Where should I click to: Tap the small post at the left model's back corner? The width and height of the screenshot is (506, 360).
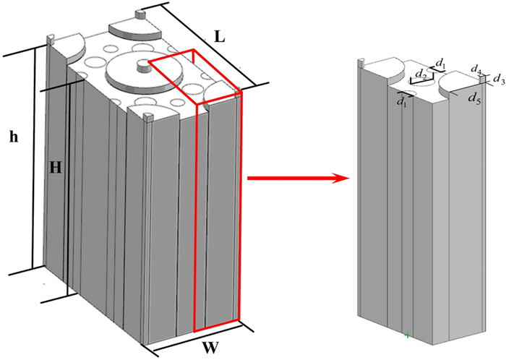point(140,13)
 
